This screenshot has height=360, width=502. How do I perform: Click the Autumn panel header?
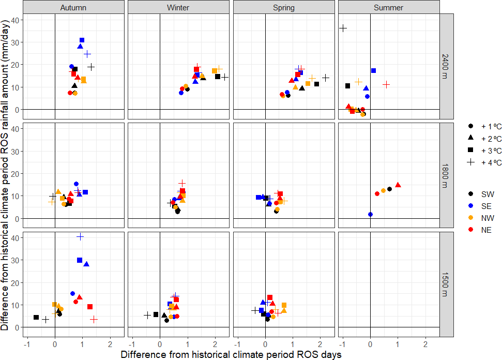(73, 7)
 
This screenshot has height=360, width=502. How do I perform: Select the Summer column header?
(389, 7)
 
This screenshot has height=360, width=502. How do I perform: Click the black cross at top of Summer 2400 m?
(343, 28)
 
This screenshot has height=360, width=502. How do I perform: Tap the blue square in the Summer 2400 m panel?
(373, 70)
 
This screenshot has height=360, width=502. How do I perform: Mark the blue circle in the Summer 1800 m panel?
(370, 214)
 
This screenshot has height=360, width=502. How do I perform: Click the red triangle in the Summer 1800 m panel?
(398, 185)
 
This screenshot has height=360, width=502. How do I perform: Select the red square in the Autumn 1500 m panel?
(90, 307)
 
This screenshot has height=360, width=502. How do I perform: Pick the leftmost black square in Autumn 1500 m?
(36, 317)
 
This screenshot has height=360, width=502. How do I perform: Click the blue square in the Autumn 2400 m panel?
(82, 40)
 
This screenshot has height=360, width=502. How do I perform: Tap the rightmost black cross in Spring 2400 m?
(326, 78)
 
